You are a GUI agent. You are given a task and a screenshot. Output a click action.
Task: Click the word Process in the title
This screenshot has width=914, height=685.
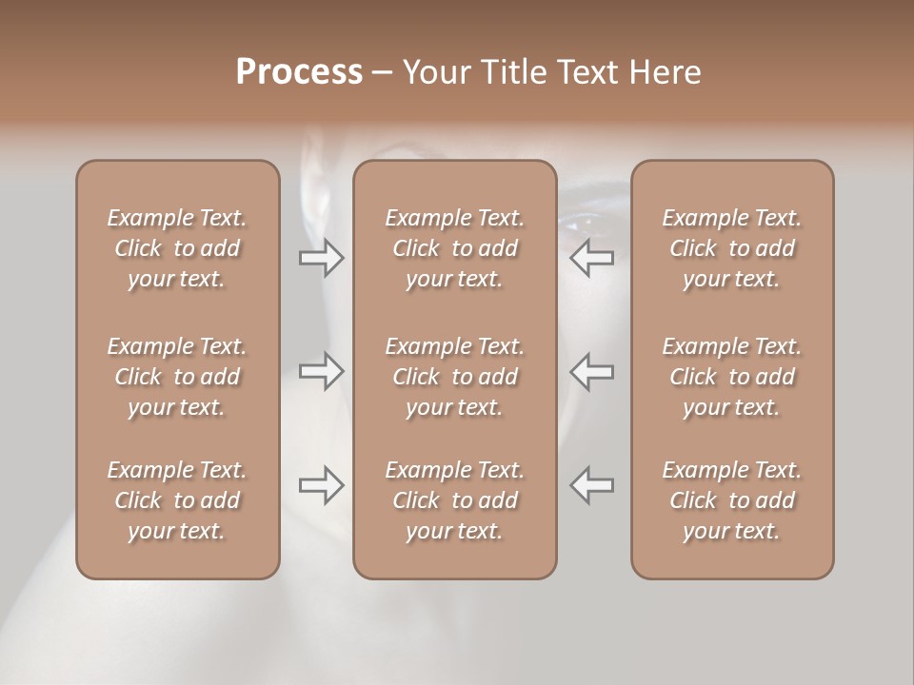click(299, 72)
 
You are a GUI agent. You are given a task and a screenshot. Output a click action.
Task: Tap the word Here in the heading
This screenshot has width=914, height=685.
click(666, 72)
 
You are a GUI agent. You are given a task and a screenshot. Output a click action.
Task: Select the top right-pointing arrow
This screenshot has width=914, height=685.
click(321, 258)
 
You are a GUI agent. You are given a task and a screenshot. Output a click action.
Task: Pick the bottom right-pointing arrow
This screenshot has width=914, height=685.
click(321, 484)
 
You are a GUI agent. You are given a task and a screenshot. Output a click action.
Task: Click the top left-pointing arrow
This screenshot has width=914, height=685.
click(592, 258)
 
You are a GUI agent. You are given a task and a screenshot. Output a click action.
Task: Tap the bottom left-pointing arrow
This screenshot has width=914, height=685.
click(592, 484)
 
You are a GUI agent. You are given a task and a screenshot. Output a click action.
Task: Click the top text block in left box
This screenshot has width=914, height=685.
click(177, 248)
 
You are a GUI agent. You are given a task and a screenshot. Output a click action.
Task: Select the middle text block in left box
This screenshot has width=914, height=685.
click(177, 377)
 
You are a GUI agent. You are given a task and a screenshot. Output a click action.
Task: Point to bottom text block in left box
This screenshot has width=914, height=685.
click(177, 500)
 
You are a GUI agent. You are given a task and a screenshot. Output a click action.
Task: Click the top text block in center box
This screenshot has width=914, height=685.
click(454, 248)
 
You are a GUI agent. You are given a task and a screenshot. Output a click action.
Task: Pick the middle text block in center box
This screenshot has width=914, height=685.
click(454, 377)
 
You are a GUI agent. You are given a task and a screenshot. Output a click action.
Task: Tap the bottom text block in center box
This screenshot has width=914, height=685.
click(454, 500)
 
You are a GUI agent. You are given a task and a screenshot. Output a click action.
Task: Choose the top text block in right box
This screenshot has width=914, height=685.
click(731, 248)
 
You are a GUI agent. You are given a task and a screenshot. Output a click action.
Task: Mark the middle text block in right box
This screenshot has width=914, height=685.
click(731, 377)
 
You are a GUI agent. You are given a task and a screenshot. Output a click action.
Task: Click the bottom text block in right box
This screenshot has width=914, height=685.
click(731, 500)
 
